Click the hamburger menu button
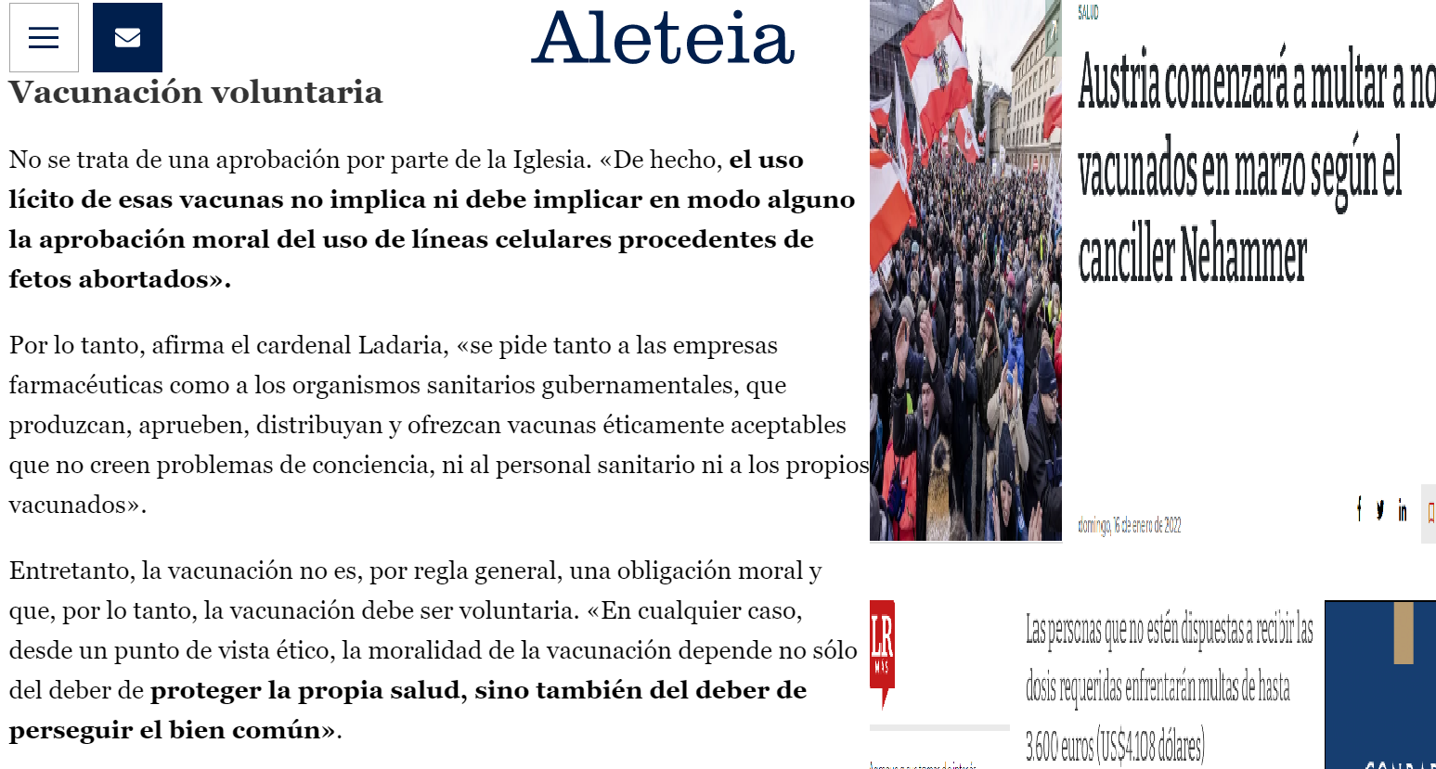[44, 37]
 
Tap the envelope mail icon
[127, 37]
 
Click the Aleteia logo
[663, 39]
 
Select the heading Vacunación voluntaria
[196, 92]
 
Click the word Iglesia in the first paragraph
[551, 160]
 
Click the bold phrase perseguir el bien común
[165, 730]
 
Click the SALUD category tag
[1088, 12]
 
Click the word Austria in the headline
[1119, 82]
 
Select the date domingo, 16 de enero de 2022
[1129, 526]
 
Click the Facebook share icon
[1359, 508]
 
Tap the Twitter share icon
[1380, 508]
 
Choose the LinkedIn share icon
[1403, 510]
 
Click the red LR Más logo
[882, 649]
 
